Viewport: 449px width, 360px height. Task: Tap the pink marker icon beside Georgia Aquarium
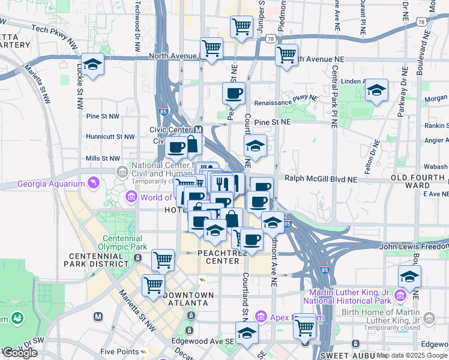93,182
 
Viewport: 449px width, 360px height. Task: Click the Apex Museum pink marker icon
261,316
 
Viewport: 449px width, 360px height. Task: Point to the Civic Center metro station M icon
199,130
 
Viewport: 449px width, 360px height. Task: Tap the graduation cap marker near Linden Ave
376,91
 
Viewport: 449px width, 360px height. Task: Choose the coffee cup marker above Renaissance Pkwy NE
234,93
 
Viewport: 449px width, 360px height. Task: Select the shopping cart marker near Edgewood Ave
305,327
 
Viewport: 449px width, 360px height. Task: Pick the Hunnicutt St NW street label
112,137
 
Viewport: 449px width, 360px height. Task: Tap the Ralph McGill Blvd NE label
321,179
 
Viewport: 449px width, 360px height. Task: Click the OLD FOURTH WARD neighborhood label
419,182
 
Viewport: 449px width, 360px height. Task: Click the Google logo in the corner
20,353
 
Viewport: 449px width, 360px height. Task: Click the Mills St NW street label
103,158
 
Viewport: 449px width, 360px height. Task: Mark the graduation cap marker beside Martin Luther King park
409,277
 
